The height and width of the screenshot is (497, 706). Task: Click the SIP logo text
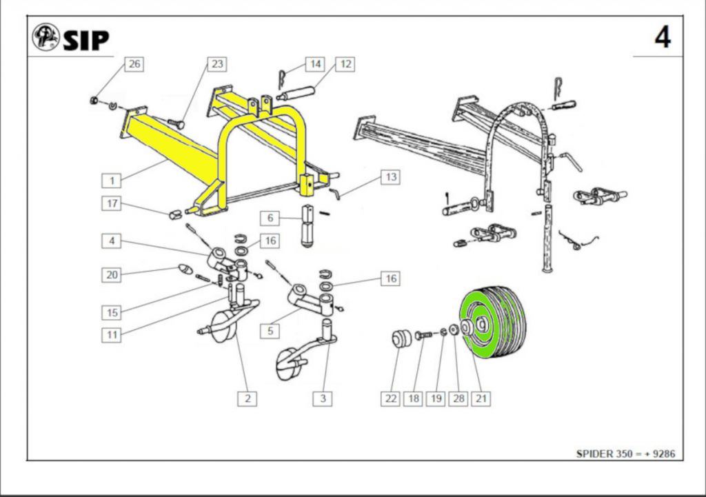click(85, 40)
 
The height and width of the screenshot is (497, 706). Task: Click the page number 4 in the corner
click(662, 37)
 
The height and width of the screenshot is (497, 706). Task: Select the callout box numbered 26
click(134, 64)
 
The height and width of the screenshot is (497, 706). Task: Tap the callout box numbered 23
click(217, 64)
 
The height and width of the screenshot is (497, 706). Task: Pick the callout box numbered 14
click(315, 64)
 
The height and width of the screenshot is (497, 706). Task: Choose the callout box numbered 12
click(346, 64)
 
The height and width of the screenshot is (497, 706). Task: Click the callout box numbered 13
click(391, 177)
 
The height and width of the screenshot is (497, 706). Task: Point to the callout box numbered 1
click(112, 181)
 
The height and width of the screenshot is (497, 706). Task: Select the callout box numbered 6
click(270, 218)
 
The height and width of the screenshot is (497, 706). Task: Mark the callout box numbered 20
click(112, 275)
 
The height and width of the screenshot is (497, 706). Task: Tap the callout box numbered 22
click(391, 398)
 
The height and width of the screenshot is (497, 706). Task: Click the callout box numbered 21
click(481, 398)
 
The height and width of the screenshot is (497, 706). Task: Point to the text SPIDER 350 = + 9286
click(625, 454)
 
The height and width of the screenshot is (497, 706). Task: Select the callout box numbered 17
click(112, 203)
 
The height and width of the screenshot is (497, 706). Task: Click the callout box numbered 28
click(458, 398)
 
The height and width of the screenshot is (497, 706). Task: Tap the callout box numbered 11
click(112, 335)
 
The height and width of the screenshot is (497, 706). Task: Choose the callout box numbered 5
click(270, 332)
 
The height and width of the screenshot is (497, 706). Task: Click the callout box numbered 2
click(247, 398)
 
